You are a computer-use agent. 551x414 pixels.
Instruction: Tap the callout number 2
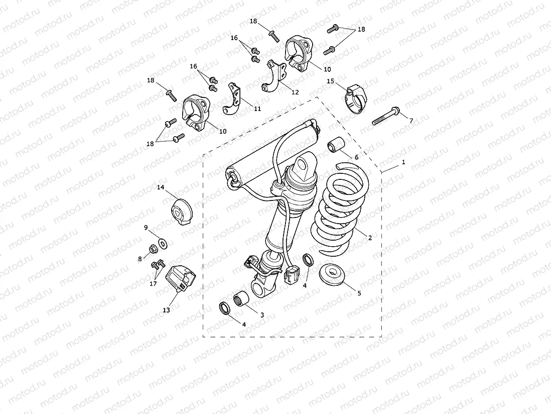click(370, 238)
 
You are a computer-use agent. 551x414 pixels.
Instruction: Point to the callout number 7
click(411, 121)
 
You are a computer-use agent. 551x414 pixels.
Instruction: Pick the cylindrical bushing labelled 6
click(335, 144)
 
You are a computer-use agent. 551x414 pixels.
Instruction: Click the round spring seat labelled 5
click(331, 275)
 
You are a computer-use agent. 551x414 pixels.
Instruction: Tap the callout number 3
click(261, 315)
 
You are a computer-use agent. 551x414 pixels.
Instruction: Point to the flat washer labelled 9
click(162, 244)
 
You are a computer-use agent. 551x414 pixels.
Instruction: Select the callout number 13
click(166, 310)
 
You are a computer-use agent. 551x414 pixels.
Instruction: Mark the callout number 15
click(330, 81)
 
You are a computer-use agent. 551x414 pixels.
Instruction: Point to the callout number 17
click(154, 284)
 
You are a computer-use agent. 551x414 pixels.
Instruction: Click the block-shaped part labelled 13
click(181, 279)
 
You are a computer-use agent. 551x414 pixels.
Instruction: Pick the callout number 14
click(161, 187)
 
